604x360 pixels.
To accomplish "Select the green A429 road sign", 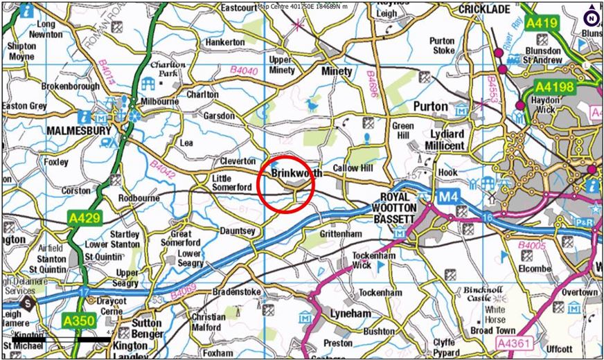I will pos(85,218).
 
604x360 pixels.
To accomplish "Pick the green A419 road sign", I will pos(541,24).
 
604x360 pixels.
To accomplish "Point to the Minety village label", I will pos(337,71).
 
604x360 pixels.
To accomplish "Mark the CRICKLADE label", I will pos(484,9).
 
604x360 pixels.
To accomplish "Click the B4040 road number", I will pos(245,70).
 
